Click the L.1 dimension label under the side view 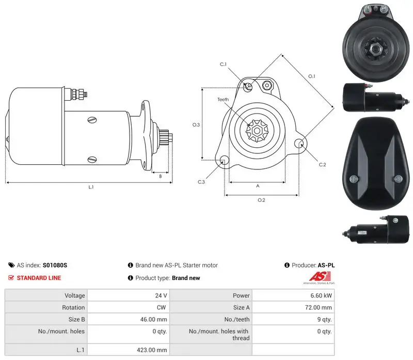(x=91, y=187)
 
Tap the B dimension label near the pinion (x=161, y=176)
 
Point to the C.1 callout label (x=223, y=65)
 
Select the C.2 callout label (x=322, y=165)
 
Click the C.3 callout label (x=201, y=182)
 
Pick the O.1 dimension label (x=312, y=76)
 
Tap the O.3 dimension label (x=196, y=125)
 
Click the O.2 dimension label (x=261, y=200)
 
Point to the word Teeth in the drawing (x=223, y=100)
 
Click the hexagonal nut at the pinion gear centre (x=257, y=131)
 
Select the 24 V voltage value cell (x=161, y=295)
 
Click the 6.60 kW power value (x=321, y=295)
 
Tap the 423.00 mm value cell (x=152, y=350)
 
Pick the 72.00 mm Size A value (x=319, y=307)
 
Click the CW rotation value (x=161, y=307)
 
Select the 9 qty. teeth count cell (x=325, y=319)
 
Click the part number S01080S (x=55, y=265)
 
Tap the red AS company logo (x=320, y=276)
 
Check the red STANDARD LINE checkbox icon (x=11, y=278)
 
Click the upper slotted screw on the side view (x=92, y=120)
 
